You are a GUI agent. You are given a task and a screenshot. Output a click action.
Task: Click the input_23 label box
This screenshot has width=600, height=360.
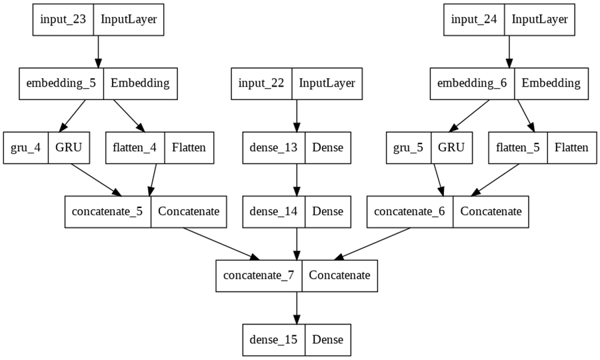click(63, 19)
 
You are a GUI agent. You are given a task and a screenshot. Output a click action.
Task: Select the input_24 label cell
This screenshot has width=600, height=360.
click(474, 19)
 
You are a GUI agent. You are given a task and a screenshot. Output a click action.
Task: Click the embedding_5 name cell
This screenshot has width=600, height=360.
click(61, 83)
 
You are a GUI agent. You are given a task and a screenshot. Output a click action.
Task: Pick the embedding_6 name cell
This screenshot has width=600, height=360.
click(472, 83)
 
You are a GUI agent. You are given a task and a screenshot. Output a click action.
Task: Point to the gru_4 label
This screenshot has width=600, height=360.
click(26, 147)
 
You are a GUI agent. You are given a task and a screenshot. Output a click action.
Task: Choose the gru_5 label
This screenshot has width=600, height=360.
click(409, 147)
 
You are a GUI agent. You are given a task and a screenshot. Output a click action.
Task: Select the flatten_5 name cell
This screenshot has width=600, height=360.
click(517, 147)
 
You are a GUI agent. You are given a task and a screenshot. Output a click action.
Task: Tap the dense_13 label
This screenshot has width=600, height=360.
click(273, 147)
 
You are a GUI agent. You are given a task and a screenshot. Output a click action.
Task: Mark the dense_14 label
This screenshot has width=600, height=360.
click(273, 211)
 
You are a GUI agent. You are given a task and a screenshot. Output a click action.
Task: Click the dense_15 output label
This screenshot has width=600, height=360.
click(273, 339)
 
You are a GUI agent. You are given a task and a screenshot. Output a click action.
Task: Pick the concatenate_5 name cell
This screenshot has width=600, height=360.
click(108, 211)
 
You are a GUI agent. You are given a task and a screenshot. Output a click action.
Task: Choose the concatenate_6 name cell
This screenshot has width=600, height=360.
click(411, 211)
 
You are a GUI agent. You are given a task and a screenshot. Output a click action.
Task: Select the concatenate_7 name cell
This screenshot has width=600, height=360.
click(259, 275)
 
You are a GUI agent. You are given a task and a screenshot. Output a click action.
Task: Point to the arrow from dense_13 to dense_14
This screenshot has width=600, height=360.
click(297, 179)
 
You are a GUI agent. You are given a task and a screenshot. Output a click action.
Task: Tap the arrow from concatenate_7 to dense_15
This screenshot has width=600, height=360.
click(297, 307)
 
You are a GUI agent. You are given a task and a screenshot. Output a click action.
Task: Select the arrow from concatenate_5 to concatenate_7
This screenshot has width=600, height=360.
click(220, 243)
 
